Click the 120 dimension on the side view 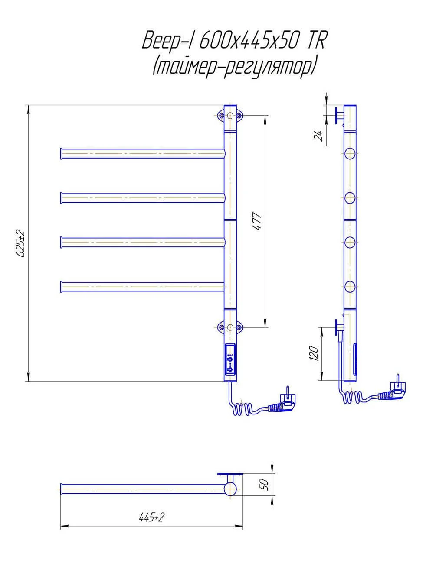[x=314, y=353]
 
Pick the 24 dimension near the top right [x=318, y=136]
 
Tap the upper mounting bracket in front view [x=230, y=116]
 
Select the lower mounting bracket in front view [x=230, y=327]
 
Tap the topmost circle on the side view [x=350, y=153]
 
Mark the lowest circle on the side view [x=350, y=287]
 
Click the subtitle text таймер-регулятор [x=234, y=67]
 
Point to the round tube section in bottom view [x=230, y=489]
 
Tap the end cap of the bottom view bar [x=61, y=489]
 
